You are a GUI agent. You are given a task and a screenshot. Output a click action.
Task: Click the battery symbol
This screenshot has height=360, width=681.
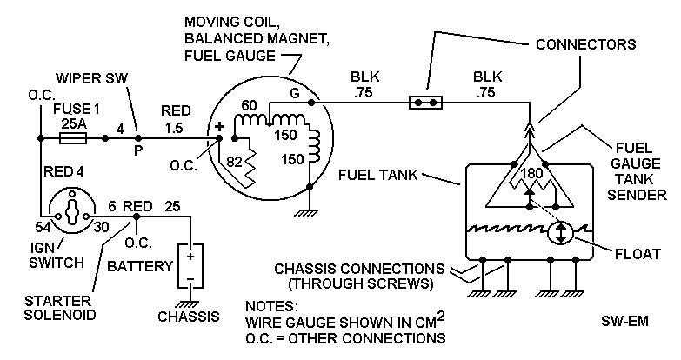point(188,264)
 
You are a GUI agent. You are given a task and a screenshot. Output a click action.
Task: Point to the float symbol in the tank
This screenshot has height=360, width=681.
point(561,233)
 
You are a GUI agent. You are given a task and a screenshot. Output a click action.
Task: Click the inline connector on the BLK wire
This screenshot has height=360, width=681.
point(426,103)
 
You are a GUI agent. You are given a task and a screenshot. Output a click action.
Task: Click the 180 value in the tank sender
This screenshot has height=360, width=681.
point(531,174)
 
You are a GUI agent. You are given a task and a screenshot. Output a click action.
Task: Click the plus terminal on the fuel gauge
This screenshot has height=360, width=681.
point(220,127)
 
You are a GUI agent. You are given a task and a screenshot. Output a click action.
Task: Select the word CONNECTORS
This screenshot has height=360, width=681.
point(586,44)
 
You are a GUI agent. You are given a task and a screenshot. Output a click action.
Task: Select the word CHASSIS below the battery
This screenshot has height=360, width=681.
point(189,317)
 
